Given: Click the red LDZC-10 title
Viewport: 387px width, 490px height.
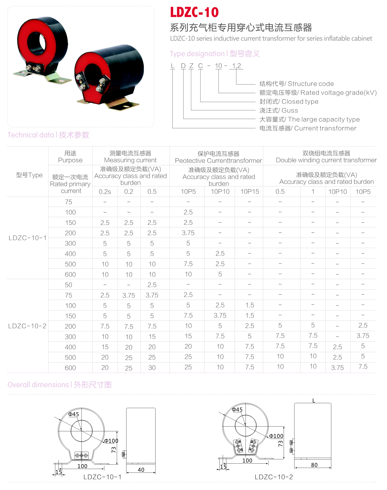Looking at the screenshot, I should click(194, 12).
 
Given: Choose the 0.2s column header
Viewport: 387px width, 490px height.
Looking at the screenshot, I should click(105, 192).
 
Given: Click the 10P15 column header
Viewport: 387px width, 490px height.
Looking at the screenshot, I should click(249, 192).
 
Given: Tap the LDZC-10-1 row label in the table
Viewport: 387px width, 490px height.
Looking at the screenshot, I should click(27, 238).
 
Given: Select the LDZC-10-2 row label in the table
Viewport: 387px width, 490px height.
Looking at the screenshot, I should click(27, 326).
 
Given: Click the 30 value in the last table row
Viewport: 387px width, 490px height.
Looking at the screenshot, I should click(152, 368).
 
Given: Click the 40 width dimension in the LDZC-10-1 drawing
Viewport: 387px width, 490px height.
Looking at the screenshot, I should click(141, 470).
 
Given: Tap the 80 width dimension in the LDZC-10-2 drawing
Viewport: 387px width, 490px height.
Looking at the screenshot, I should click(314, 465).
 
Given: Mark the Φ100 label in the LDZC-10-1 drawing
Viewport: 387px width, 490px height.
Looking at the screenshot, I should click(111, 441).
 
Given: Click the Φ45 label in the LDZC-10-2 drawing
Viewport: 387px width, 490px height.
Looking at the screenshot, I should click(237, 410).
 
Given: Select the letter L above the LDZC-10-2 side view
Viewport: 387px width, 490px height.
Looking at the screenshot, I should click(314, 401).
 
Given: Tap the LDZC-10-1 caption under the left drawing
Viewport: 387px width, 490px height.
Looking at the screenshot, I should click(102, 477).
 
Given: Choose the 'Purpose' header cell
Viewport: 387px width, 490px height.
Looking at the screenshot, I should click(70, 160).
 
